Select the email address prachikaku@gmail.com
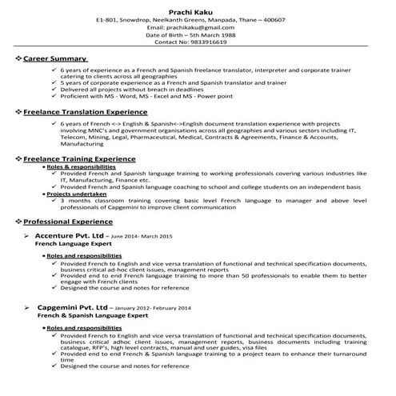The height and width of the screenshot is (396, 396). point(198,28)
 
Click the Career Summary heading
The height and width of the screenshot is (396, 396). point(54,59)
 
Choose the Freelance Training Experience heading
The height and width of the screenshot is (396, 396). point(78,159)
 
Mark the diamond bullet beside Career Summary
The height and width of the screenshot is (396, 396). point(18,59)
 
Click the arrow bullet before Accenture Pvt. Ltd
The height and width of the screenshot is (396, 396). point(29,238)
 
